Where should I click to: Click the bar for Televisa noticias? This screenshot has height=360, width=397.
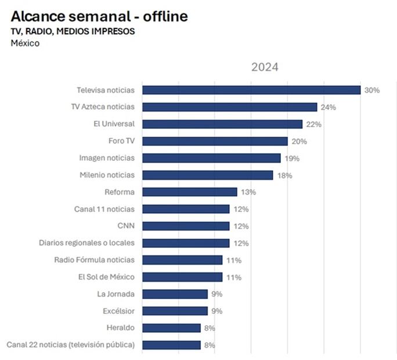[x=251, y=90]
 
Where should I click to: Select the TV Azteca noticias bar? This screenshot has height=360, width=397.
[x=229, y=107]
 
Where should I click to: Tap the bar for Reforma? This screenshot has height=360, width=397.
[x=189, y=192]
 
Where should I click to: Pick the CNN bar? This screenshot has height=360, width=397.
[x=186, y=226]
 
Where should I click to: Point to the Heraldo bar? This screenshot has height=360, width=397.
[x=171, y=328]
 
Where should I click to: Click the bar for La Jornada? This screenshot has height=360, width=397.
[x=175, y=294]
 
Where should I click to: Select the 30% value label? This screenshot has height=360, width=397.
[x=371, y=90]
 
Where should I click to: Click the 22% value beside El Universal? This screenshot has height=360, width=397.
[x=313, y=124]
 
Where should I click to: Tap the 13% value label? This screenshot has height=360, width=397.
[x=248, y=192]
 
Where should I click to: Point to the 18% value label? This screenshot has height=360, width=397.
[x=284, y=175]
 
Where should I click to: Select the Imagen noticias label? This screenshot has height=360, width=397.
[x=107, y=158]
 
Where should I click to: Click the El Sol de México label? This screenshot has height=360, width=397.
[x=106, y=277]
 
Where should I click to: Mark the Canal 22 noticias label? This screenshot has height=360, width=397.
[x=70, y=345]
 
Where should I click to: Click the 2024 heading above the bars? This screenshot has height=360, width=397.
[x=265, y=67]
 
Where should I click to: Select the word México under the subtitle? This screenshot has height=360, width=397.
[x=25, y=44]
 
